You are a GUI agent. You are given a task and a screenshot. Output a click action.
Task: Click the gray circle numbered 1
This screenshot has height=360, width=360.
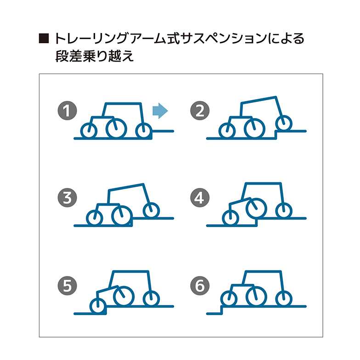67,111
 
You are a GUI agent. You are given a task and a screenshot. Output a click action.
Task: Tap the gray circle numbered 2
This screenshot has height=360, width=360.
200,111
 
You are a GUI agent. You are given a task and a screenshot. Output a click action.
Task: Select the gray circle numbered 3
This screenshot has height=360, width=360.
67,198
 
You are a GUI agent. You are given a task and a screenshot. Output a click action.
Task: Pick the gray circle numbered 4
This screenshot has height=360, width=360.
200,198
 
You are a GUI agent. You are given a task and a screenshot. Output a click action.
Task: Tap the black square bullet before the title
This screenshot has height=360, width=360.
44,39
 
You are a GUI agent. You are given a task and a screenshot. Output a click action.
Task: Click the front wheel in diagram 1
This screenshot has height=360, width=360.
144,130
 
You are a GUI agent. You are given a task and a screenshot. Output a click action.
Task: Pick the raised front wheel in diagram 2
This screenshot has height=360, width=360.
284,123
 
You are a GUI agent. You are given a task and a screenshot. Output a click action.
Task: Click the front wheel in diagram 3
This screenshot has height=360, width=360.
150,211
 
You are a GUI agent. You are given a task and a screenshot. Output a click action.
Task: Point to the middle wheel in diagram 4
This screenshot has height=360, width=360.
256,208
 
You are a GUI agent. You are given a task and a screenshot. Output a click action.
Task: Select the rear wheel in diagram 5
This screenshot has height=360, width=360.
97,306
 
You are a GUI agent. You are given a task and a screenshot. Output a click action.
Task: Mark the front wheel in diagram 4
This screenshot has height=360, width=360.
284,211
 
